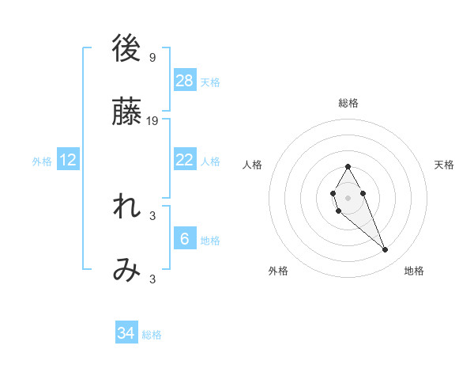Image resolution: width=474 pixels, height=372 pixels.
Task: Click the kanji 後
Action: point(126,48)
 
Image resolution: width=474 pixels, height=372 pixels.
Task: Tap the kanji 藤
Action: point(126,112)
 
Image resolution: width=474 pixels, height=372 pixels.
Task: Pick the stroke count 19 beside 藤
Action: point(152,121)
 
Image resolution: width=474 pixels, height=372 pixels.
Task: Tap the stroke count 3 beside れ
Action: point(152,215)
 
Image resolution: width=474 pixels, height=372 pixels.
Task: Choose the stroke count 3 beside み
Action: point(152,279)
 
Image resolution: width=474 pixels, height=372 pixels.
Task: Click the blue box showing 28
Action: point(185,81)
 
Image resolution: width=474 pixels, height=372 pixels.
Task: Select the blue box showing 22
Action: point(185,160)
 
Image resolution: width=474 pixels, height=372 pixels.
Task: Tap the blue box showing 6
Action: point(185,239)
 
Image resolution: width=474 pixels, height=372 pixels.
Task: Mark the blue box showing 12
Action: point(68,160)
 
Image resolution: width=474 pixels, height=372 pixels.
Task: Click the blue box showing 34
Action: point(126,333)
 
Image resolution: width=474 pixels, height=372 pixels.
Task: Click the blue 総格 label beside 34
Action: point(152,335)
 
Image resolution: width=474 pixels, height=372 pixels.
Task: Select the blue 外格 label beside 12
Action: point(42,161)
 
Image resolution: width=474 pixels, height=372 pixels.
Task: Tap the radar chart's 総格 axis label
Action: point(348,103)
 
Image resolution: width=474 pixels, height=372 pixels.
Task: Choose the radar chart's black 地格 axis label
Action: point(414,271)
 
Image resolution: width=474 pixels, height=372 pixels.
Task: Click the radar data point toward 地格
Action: point(386,250)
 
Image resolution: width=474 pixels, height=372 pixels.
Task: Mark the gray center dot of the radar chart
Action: point(348,196)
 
